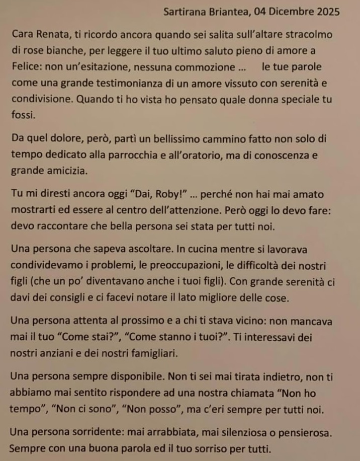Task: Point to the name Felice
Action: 24,67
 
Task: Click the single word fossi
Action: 23,115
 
